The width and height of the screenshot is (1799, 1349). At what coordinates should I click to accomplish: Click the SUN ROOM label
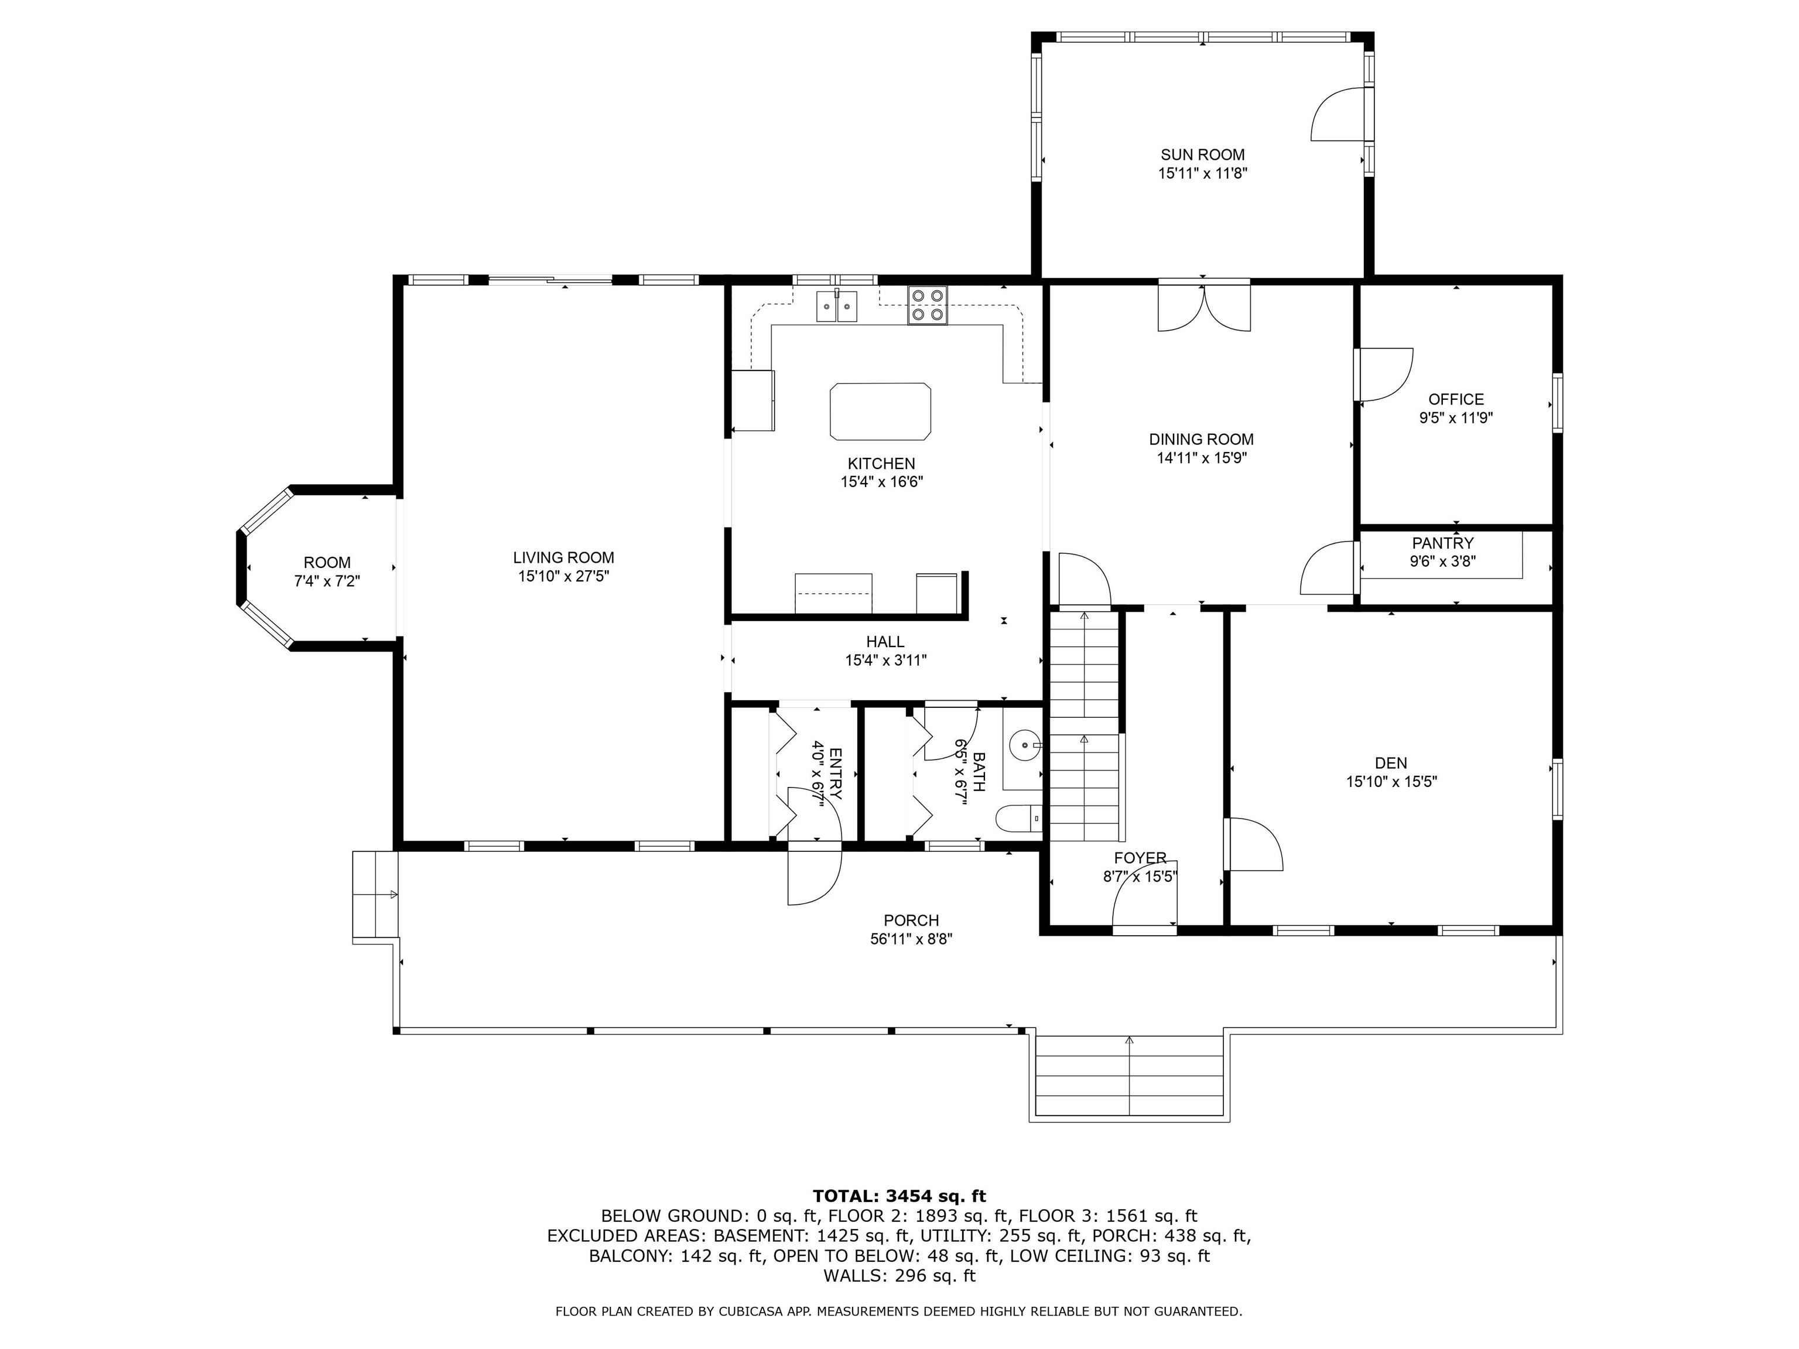pyautogui.click(x=1202, y=155)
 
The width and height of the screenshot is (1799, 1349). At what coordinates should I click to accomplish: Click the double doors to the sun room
pyautogui.click(x=1203, y=307)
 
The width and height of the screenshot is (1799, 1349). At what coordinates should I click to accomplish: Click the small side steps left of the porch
pyautogui.click(x=375, y=895)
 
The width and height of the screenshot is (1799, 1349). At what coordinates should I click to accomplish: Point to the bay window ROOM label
pyautogui.click(x=327, y=563)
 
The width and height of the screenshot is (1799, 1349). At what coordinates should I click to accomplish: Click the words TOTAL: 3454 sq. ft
pyautogui.click(x=899, y=1196)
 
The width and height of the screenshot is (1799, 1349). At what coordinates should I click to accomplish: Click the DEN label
pyautogui.click(x=1391, y=763)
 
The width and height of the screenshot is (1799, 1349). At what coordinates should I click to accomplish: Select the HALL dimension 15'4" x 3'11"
pyautogui.click(x=885, y=660)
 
